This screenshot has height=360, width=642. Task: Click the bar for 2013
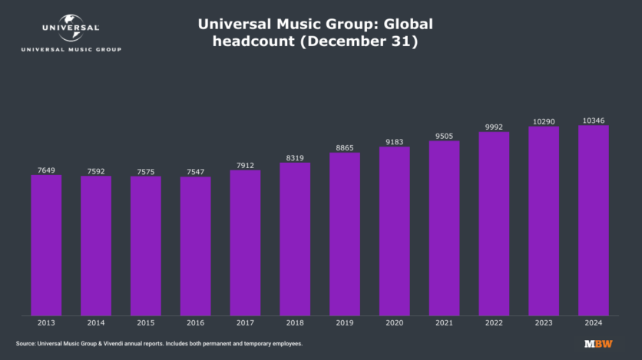point(46,245)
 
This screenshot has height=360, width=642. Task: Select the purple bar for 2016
point(195,246)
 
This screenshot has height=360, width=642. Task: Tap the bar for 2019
point(345,233)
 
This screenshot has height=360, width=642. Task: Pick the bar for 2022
point(494,223)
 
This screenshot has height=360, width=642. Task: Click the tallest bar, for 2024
point(593,220)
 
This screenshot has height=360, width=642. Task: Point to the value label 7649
point(46,170)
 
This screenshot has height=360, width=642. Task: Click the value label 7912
point(245,163)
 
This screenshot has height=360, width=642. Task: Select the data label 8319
point(295,157)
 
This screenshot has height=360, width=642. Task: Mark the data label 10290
point(544,121)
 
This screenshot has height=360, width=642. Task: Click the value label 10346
point(593,120)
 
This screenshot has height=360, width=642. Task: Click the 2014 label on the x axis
point(96,323)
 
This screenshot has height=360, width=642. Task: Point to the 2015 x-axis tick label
point(146,323)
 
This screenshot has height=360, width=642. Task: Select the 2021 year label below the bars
point(444,323)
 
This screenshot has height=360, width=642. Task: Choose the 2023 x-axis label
point(544,323)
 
